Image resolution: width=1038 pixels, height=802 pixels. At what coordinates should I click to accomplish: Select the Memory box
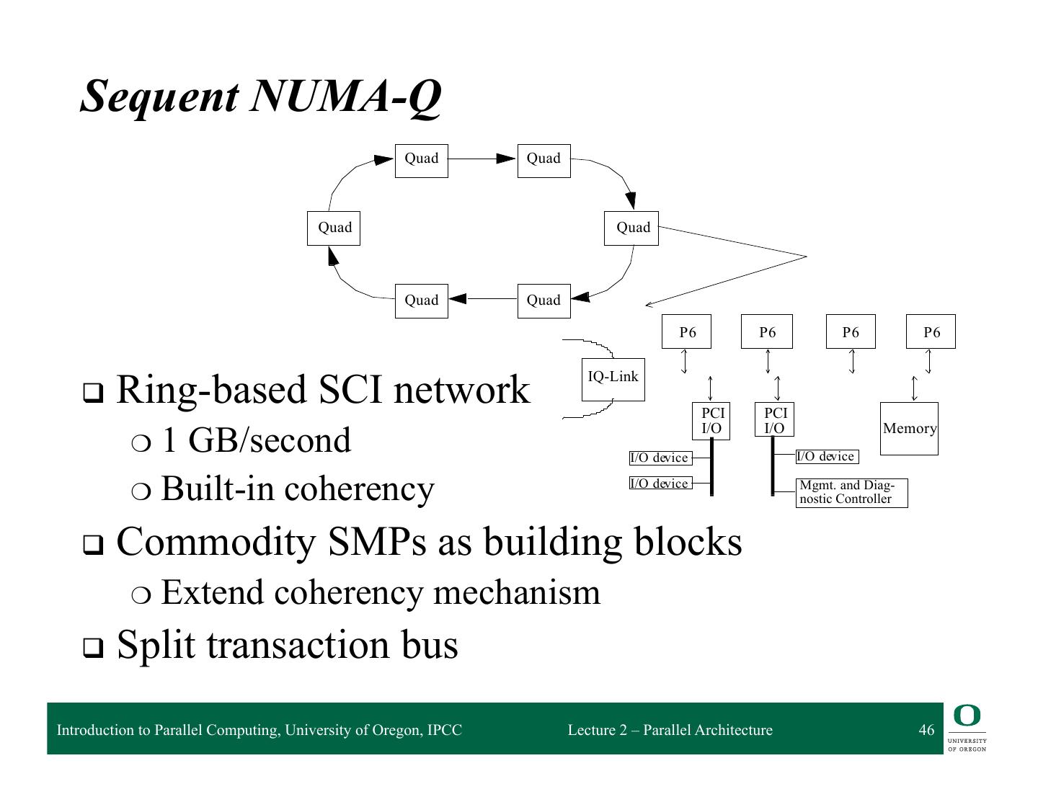tap(909, 428)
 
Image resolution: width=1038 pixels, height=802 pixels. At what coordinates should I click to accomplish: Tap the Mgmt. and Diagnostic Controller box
tap(851, 493)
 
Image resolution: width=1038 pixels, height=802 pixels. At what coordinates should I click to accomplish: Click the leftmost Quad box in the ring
tap(334, 228)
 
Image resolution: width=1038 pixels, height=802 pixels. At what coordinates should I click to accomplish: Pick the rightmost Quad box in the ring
tap(631, 228)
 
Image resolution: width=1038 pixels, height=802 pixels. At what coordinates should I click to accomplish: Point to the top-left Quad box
tap(421, 160)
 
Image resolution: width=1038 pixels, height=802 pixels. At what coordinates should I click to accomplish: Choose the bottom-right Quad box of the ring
tap(544, 300)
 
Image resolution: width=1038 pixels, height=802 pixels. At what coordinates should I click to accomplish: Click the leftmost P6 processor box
tap(686, 331)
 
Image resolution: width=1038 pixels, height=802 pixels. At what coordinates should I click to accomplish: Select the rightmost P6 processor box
tap(931, 331)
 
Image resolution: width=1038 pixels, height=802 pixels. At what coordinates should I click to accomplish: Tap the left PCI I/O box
tap(711, 421)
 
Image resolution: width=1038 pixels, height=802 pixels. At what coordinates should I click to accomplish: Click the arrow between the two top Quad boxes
tap(482, 159)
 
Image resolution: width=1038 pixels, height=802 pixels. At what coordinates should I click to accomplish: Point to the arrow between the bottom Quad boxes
tap(482, 298)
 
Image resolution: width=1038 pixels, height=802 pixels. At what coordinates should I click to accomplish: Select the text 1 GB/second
tap(257, 440)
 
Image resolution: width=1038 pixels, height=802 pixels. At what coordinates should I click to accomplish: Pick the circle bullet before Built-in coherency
tap(140, 491)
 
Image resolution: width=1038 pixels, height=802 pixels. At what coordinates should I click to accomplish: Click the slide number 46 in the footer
tap(926, 730)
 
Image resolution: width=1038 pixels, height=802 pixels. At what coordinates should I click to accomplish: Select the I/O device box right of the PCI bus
tap(827, 456)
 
